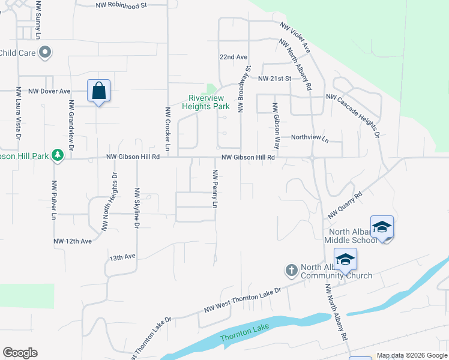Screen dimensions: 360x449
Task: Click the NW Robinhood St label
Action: pos(121,5)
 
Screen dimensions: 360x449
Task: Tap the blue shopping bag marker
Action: pos(98,92)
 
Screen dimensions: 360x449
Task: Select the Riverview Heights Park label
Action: pos(209,102)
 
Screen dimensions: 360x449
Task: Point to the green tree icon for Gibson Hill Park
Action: pos(58,155)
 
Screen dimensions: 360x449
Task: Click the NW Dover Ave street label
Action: pos(49,91)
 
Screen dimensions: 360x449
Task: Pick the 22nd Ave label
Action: pos(234,57)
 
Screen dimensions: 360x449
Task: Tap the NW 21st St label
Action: pos(274,79)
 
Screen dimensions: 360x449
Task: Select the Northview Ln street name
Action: pos(310,139)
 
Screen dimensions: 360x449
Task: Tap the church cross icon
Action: pos(291,270)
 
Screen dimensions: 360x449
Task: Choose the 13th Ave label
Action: pos(122,257)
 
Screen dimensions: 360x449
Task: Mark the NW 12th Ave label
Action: pos(73,241)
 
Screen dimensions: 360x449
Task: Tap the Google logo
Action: pos(20,353)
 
